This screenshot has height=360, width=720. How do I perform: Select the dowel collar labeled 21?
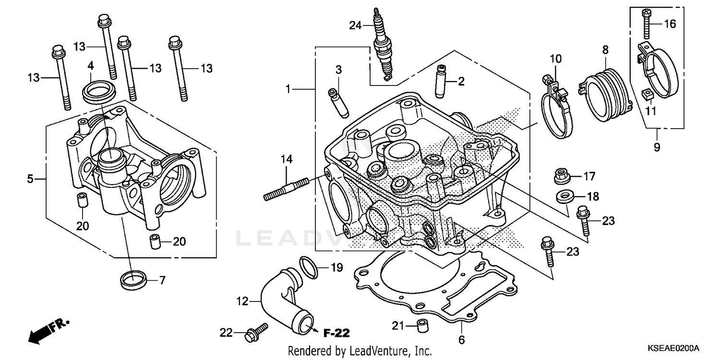(421, 324)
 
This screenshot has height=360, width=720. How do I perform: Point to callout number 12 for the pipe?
(242, 301)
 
